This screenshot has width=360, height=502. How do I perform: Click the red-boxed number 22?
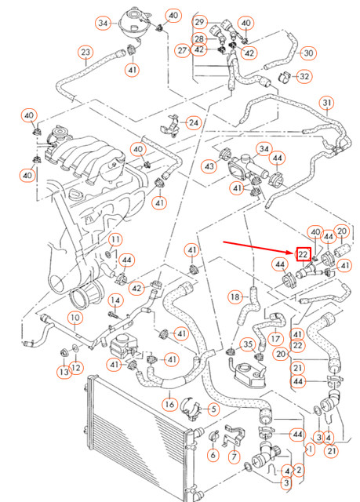click(x=303, y=254)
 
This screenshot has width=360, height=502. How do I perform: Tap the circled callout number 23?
click(x=85, y=53)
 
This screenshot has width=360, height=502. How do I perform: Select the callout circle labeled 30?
click(x=307, y=53)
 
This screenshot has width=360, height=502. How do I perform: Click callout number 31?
click(x=327, y=103)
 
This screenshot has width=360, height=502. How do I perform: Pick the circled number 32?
click(x=304, y=76)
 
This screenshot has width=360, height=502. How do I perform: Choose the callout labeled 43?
click(x=209, y=166)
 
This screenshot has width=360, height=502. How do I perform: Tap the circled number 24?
click(x=193, y=122)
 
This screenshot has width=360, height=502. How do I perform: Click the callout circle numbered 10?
click(x=75, y=318)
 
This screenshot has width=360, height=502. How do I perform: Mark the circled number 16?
click(x=169, y=405)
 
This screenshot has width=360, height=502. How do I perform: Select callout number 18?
click(x=235, y=296)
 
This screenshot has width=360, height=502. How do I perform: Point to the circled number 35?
click(x=248, y=344)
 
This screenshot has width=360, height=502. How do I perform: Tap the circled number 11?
click(x=115, y=239)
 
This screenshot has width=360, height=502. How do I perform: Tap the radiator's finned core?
click(x=133, y=447)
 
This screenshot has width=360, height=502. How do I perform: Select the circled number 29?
click(x=199, y=22)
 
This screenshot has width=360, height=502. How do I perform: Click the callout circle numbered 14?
click(x=115, y=300)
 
